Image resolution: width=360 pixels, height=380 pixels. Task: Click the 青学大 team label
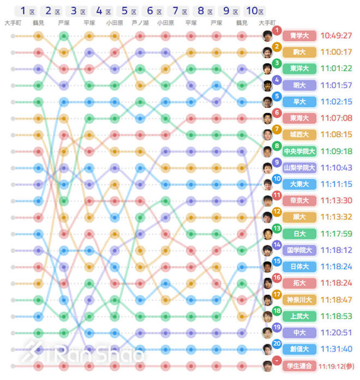pyautogui.click(x=299, y=36)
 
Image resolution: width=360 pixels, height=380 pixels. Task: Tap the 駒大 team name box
pyautogui.click(x=299, y=52)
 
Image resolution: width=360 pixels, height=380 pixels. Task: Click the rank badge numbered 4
pyautogui.click(x=277, y=80)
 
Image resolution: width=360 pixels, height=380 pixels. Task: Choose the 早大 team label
pyautogui.click(x=299, y=102)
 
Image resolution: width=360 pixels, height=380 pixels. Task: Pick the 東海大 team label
pyautogui.click(x=299, y=118)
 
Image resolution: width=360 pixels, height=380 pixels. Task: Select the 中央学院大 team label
pyautogui.click(x=299, y=152)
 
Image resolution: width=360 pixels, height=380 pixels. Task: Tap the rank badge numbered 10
pyautogui.click(x=277, y=179)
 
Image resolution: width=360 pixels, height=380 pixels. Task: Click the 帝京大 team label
pyautogui.click(x=299, y=201)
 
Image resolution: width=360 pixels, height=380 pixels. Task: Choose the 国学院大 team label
pyautogui.click(x=299, y=250)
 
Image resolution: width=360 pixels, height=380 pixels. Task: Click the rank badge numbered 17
pyautogui.click(x=277, y=294)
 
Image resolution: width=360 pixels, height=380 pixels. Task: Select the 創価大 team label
pyautogui.click(x=299, y=349)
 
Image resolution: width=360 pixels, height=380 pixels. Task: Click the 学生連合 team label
pyautogui.click(x=299, y=365)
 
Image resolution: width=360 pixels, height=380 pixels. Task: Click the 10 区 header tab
pyautogui.click(x=254, y=11)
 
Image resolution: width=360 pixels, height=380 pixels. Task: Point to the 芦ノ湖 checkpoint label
pyautogui.click(x=140, y=23)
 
